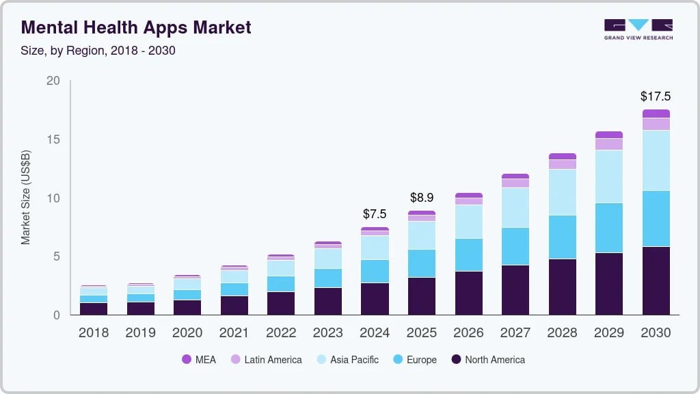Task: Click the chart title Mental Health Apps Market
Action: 136,28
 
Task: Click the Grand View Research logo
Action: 638,29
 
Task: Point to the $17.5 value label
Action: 655,96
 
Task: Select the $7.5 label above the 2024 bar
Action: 375,214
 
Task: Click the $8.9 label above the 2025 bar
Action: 421,198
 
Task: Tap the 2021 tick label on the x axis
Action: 234,333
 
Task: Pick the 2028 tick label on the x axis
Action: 562,333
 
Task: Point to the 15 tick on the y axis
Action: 53,140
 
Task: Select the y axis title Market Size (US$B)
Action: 26,198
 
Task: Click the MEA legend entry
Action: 198,360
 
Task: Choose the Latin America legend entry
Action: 266,360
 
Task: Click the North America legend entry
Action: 487,360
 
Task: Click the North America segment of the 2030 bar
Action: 656,280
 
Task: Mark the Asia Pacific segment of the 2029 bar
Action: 608,176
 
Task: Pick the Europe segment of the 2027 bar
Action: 515,246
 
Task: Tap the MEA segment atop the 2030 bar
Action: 656,114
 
